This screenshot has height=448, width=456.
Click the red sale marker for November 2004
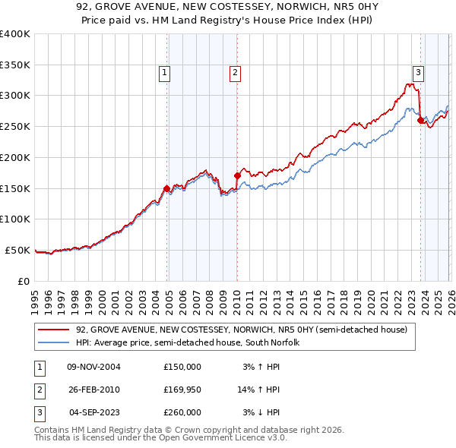(167, 188)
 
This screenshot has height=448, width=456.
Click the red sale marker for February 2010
(237, 175)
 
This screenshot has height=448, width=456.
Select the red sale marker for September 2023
(420, 119)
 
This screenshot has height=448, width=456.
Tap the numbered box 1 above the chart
(164, 73)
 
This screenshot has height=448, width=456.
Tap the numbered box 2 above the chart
(235, 73)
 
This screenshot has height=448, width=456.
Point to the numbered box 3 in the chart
(418, 73)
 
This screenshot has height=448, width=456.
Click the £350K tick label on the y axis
(14, 65)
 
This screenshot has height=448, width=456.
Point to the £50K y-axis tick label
(17, 250)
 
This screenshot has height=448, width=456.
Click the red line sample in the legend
(53, 330)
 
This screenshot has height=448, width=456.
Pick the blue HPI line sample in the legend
(53, 342)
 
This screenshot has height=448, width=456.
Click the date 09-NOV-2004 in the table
(93, 367)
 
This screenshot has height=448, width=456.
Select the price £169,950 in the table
(182, 390)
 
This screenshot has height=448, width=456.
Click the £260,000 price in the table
(182, 412)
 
